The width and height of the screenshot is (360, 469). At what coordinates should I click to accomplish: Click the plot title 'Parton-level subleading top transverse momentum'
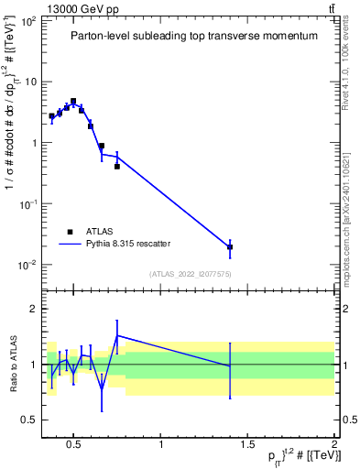click(x=194, y=36)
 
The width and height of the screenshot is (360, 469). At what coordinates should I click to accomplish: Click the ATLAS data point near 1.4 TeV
click(x=230, y=246)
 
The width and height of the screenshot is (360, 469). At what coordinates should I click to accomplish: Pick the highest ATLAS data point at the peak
click(x=73, y=102)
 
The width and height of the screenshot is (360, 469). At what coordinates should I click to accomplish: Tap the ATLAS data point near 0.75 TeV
click(x=117, y=167)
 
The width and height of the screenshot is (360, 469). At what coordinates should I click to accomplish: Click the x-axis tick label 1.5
click(x=247, y=446)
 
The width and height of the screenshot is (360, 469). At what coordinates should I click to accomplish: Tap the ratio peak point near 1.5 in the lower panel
click(x=117, y=336)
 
